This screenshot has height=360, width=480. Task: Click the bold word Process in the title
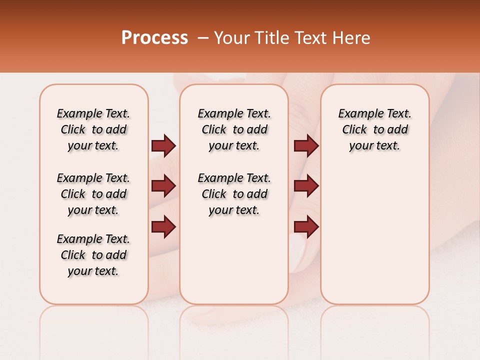click(154, 38)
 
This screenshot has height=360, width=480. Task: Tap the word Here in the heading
click(352, 38)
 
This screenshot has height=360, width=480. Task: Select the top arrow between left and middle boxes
click(163, 145)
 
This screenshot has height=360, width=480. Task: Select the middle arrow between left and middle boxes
click(163, 186)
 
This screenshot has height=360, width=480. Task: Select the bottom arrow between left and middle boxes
click(163, 227)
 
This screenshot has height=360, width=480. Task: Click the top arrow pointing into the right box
click(306, 145)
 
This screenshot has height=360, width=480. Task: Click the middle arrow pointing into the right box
click(306, 186)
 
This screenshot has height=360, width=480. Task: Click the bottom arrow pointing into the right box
click(306, 227)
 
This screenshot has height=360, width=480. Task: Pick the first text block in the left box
click(93, 129)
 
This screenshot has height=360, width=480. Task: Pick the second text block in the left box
click(93, 194)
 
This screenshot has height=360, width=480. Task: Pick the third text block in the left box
click(93, 255)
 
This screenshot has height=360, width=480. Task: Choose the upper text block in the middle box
click(234, 129)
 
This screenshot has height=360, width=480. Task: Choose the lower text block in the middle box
click(234, 194)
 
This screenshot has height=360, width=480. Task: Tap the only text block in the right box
click(374, 129)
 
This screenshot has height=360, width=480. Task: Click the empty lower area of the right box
click(374, 240)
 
